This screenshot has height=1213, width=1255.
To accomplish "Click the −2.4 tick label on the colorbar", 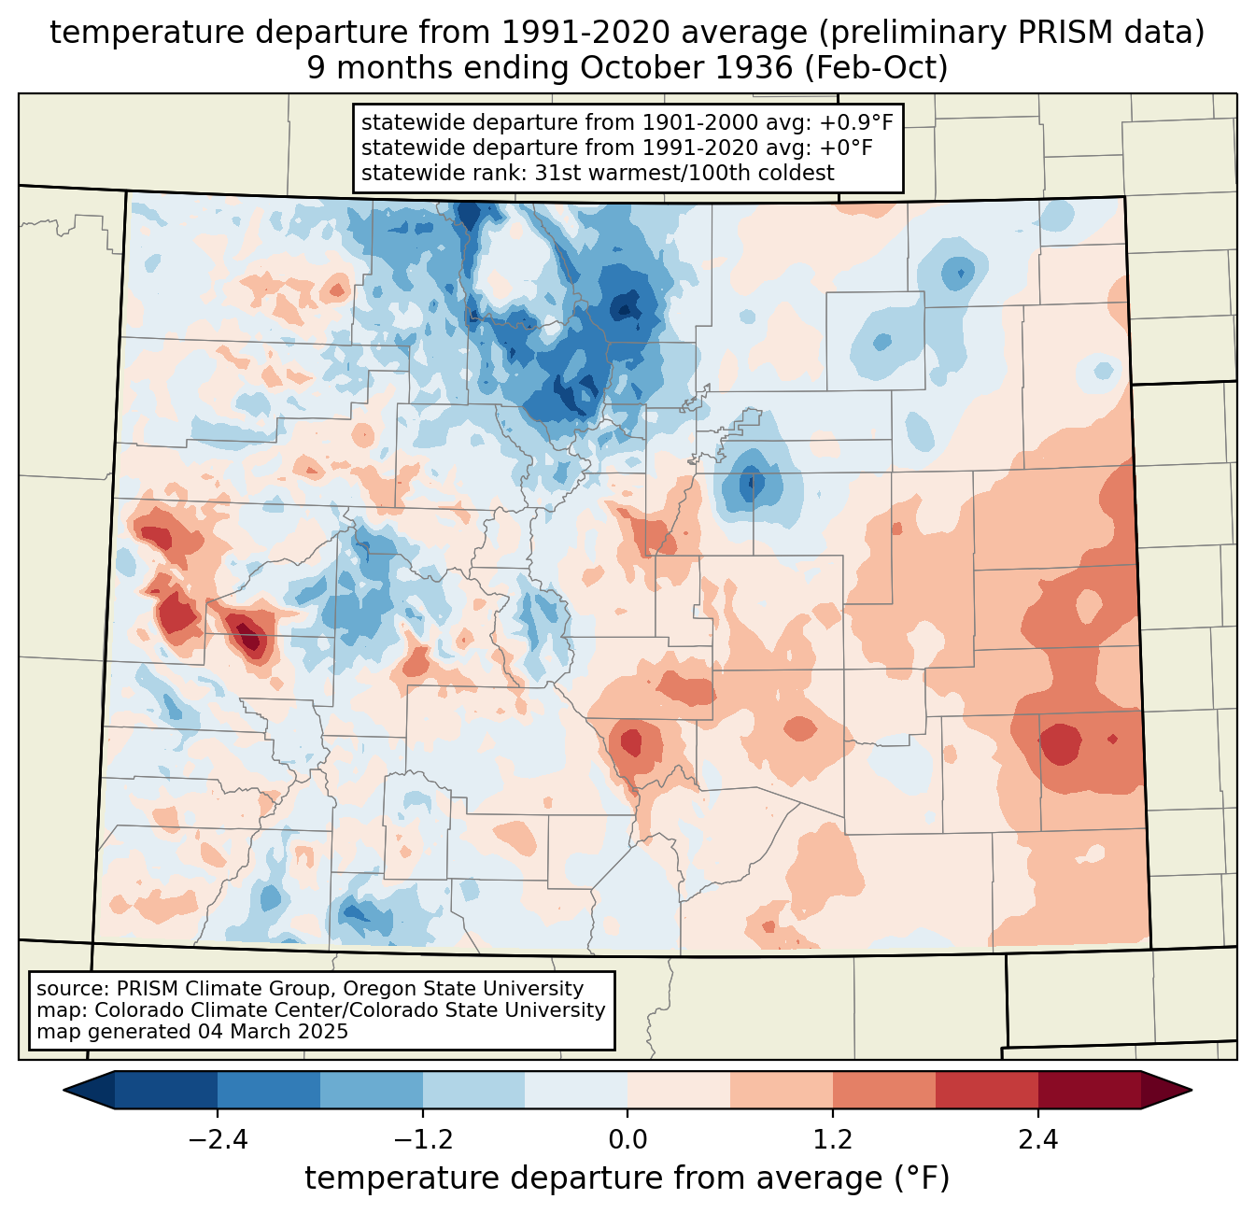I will pyautogui.click(x=217, y=1140).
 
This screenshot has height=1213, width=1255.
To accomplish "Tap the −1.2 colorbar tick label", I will pyautogui.click(x=422, y=1140).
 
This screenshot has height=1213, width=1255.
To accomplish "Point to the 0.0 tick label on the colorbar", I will pyautogui.click(x=627, y=1140).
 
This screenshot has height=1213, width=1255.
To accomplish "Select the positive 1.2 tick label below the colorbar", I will pyautogui.click(x=833, y=1140).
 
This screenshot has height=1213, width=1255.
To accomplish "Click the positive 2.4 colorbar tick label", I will pyautogui.click(x=1038, y=1140).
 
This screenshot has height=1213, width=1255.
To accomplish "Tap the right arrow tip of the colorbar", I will pyautogui.click(x=1189, y=1090).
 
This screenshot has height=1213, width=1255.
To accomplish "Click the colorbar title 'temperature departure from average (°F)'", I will pyautogui.click(x=627, y=1178).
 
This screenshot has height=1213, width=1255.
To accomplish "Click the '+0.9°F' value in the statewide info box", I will pyautogui.click(x=853, y=123).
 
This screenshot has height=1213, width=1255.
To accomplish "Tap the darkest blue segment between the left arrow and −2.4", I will pyautogui.click(x=166, y=1090).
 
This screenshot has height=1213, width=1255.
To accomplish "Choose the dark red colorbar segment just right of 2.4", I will pyautogui.click(x=1089, y=1090).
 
